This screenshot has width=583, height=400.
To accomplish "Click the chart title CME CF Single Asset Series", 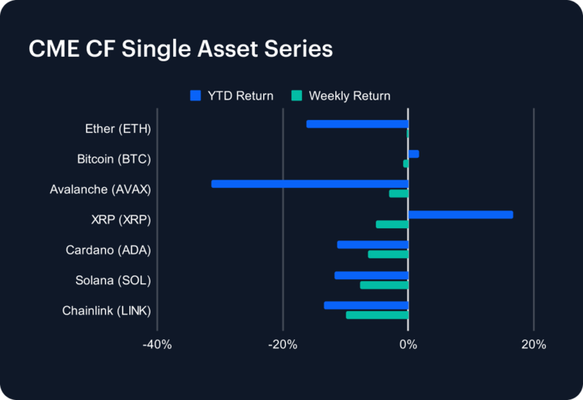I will (181, 49).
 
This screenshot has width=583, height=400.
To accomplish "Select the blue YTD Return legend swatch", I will (195, 96).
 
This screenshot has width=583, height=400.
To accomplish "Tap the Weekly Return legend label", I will (349, 96).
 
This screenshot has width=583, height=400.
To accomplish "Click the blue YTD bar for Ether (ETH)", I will (357, 124).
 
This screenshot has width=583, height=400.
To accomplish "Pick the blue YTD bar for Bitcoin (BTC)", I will (413, 154).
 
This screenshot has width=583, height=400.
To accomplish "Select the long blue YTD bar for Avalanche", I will (309, 184).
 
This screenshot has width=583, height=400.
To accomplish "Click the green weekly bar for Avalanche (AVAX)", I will (398, 194).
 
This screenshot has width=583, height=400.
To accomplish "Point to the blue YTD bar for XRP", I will (460, 215).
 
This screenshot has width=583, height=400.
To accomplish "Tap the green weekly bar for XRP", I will (392, 224).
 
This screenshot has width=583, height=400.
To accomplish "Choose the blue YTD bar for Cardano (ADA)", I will (372, 245).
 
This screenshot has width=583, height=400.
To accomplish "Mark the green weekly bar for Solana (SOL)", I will (384, 285).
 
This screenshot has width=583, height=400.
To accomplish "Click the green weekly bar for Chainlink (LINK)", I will (377, 315).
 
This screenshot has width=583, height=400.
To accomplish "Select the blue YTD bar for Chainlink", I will (366, 305).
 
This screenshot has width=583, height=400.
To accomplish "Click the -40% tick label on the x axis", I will (156, 344).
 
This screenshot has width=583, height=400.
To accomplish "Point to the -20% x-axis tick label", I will (282, 344).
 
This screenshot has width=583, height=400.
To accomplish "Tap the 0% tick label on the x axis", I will (408, 344).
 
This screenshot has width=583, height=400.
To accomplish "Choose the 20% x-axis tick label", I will (534, 344).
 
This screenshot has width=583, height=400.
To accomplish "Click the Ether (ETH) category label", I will (117, 129).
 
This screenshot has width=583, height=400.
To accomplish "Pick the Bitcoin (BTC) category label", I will (113, 159).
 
